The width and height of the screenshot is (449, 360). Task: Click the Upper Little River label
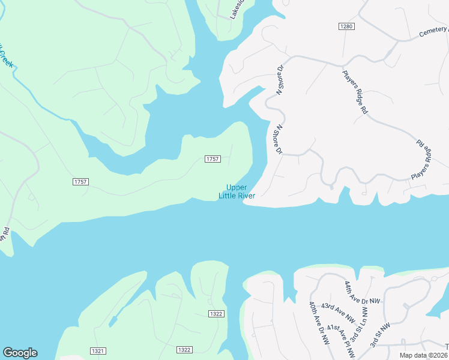click(x=240, y=191)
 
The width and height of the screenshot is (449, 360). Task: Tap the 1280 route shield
click(x=346, y=26)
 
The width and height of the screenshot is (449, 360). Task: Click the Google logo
click(x=20, y=353)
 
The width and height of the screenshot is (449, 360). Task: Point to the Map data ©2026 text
click(x=423, y=355)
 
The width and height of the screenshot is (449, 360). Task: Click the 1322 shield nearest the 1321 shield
click(x=184, y=350)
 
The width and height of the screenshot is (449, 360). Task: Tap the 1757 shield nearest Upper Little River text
click(x=212, y=159)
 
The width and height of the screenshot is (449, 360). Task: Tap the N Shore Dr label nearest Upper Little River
click(x=278, y=140)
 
